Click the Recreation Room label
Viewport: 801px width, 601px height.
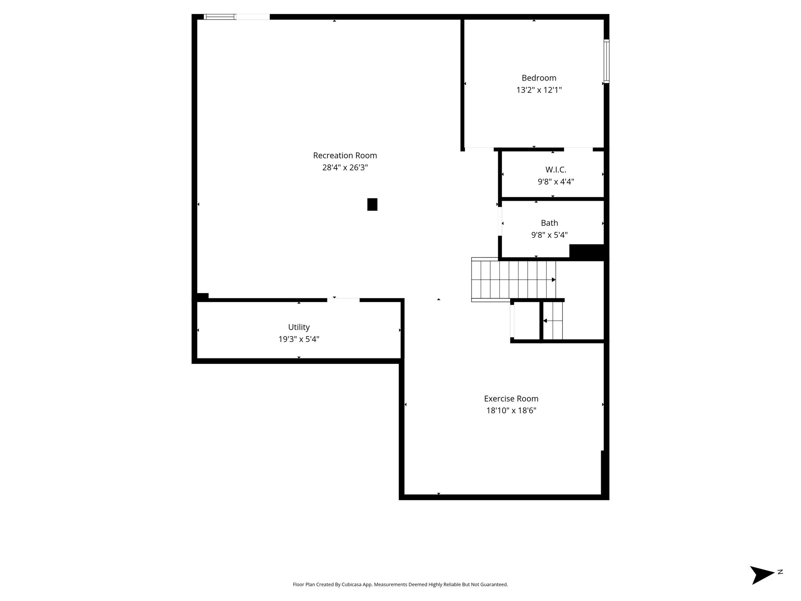345,155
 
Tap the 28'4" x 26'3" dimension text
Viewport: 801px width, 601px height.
345,167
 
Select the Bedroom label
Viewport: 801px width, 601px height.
539,78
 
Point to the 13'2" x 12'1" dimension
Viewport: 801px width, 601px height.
539,90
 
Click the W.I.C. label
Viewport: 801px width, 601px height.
556,170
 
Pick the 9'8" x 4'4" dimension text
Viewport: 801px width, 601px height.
556,182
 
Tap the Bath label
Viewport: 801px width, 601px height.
550,223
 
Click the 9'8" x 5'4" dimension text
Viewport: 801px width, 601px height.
550,235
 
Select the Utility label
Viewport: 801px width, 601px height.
299,327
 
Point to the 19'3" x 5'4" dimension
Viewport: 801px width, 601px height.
299,339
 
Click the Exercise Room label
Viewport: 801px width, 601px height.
511,399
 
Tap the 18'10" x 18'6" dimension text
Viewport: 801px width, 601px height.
511,411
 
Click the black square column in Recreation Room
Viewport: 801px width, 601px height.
372,205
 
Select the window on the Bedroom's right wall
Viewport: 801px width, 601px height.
606,61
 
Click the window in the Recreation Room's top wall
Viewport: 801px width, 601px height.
220,17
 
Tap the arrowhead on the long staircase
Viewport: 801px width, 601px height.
553,280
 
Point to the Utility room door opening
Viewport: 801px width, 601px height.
343,300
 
